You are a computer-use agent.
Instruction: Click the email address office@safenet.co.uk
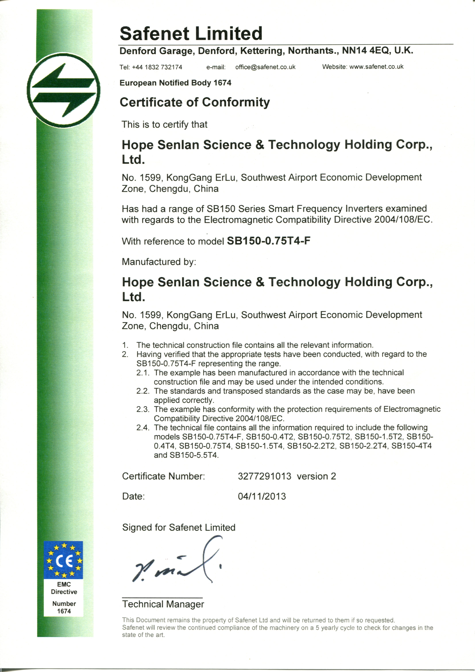coord(265,67)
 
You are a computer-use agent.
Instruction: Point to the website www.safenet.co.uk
coord(376,67)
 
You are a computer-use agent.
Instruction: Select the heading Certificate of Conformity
coord(195,102)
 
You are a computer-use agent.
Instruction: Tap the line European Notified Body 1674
coord(175,83)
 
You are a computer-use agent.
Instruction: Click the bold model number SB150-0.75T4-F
coord(268,241)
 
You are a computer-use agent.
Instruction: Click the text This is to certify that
coord(164,125)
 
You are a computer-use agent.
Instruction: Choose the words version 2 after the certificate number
coord(316,476)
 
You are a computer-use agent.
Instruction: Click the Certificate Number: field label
coord(163,476)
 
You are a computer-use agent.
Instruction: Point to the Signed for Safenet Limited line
coord(178,527)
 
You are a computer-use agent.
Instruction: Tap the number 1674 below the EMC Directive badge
coord(64,611)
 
